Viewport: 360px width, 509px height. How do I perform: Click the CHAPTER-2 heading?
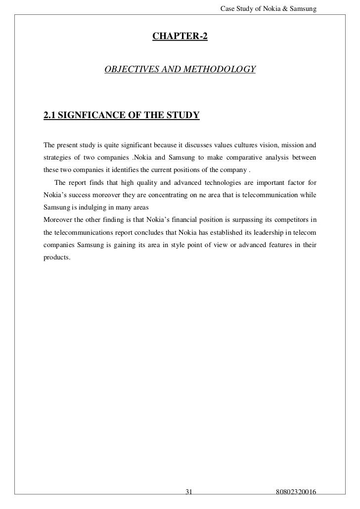[x=180, y=37]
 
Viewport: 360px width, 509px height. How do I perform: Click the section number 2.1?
[x=49, y=116]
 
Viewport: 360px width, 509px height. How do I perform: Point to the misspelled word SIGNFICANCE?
[x=91, y=116]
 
